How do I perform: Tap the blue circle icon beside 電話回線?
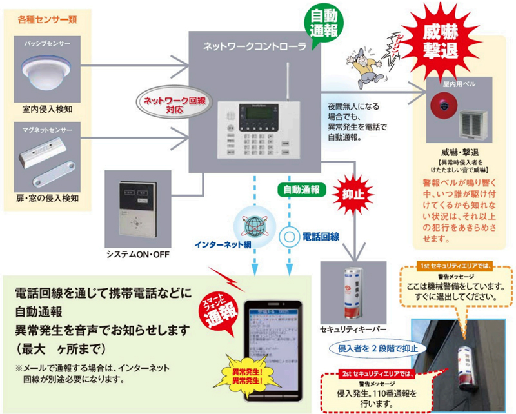tap(289, 237)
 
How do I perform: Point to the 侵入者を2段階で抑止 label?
tap(378, 349)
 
